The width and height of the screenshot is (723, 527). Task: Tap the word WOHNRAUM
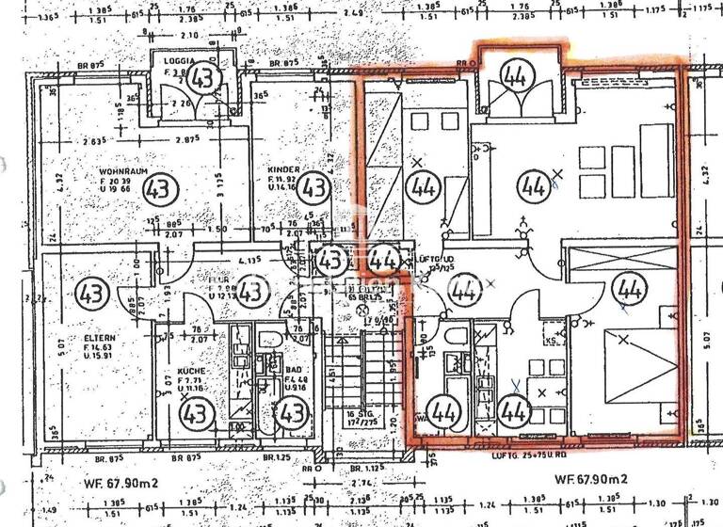120,172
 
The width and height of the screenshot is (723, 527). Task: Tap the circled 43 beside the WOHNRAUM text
161,188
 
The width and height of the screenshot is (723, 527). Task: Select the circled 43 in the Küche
197,411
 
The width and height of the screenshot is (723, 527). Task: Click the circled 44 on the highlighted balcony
514,73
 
